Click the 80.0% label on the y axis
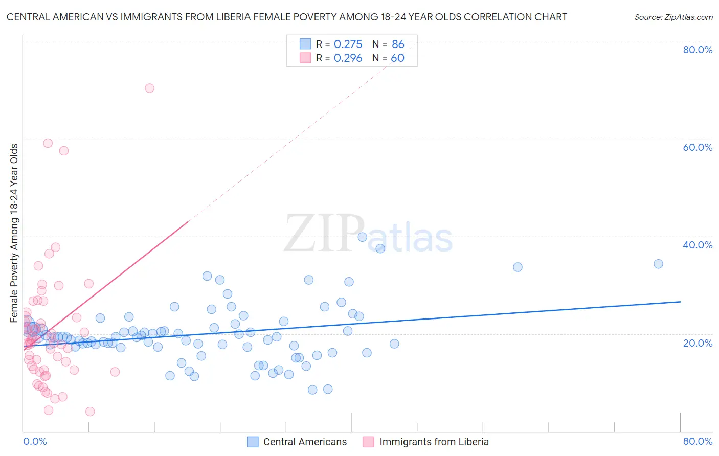pyautogui.click(x=698, y=50)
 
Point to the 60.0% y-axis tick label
pyautogui.click(x=698, y=147)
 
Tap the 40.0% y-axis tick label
pyautogui.click(x=698, y=245)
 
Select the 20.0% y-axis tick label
pyautogui.click(x=698, y=343)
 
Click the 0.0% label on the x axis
pyautogui.click(x=35, y=441)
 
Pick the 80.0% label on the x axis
pyautogui.click(x=698, y=441)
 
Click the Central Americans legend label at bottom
pyautogui.click(x=305, y=442)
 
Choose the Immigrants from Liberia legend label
pyautogui.click(x=434, y=442)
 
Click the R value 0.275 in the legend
pyautogui.click(x=348, y=44)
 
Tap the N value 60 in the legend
pyautogui.click(x=397, y=58)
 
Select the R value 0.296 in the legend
pyautogui.click(x=348, y=58)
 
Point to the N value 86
pyautogui.click(x=398, y=44)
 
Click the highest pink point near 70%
pyautogui.click(x=149, y=88)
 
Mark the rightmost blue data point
pyautogui.click(x=658, y=264)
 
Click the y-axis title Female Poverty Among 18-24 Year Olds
pyautogui.click(x=14, y=233)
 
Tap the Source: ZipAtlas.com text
pyautogui.click(x=673, y=17)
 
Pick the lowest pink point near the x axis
pyautogui.click(x=90, y=412)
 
